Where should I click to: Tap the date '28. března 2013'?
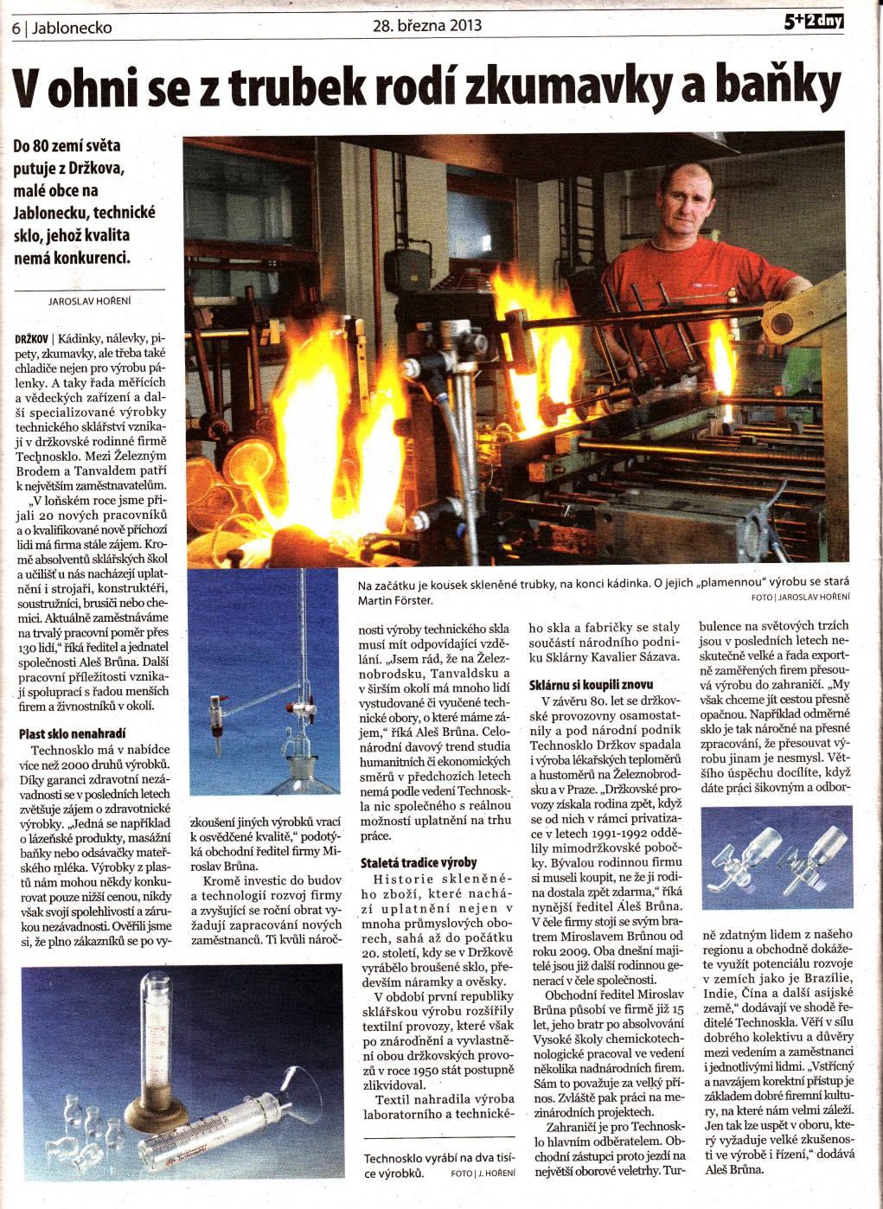coord(427,26)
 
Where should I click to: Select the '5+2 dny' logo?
coord(813,22)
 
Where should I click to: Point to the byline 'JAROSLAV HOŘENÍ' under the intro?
coord(90,301)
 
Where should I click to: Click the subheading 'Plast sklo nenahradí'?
coord(72,733)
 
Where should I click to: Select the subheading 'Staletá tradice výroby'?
coord(419,862)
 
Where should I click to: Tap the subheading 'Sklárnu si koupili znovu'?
coord(592,684)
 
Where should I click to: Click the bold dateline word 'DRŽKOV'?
coord(31,339)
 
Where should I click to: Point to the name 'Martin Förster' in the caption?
coord(395,600)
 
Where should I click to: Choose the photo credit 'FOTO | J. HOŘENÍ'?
coord(482,1174)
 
